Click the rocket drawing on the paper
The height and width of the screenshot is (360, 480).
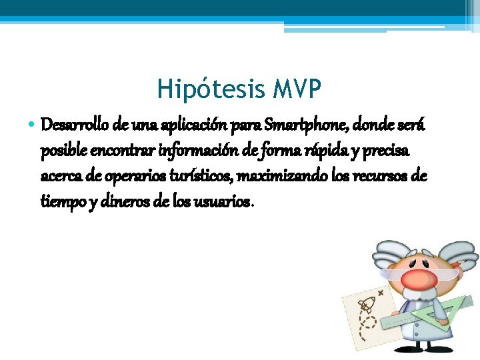click(367, 307)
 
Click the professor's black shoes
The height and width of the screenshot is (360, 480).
click(427, 352)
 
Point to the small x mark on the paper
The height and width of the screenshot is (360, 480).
click(381, 292)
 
